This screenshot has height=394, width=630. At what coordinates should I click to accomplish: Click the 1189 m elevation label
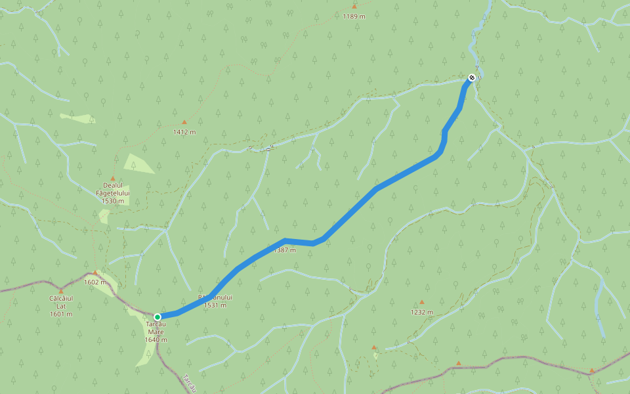[354, 16]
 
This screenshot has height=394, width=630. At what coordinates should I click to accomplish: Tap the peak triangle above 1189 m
[354, 7]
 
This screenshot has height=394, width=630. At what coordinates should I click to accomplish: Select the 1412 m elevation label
[184, 132]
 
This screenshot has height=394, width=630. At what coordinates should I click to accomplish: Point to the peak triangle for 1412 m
[184, 122]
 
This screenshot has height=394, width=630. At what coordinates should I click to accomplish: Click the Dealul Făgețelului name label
[113, 190]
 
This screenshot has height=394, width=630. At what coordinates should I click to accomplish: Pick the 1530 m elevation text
[113, 201]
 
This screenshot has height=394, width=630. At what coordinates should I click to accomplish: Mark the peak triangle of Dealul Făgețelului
[113, 179]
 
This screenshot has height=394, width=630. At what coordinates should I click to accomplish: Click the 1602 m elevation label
[95, 282]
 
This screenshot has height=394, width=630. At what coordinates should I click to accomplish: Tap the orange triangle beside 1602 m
[95, 273]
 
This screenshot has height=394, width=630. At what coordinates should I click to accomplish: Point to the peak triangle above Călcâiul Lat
[61, 291]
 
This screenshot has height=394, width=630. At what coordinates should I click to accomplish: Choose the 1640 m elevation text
[156, 339]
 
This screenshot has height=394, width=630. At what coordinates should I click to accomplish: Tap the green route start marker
[157, 317]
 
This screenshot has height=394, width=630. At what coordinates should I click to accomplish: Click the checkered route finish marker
[471, 78]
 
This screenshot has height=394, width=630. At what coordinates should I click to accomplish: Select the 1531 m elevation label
[215, 305]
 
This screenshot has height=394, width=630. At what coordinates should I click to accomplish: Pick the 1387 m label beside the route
[285, 250]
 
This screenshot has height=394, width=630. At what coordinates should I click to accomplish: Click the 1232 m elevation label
[422, 313]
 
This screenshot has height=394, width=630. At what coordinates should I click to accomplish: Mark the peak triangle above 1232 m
[422, 303]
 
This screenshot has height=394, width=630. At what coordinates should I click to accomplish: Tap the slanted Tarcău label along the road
[190, 383]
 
